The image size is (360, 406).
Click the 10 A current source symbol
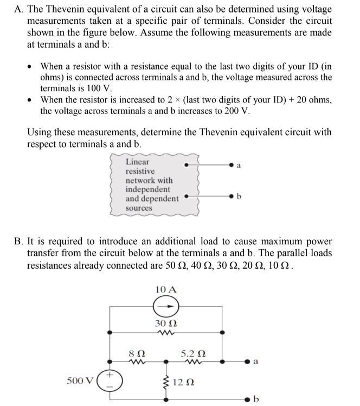pyautogui.click(x=166, y=307)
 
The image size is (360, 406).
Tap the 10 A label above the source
pyautogui.click(x=165, y=289)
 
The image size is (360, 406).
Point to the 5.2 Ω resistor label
pyautogui.click(x=193, y=352)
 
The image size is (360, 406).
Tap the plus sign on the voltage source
pyautogui.click(x=108, y=374)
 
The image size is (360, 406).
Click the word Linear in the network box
pyautogui.click(x=137, y=162)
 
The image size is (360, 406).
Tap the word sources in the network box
pyautogui.click(x=139, y=208)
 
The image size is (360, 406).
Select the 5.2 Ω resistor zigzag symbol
pyautogui.click(x=193, y=360)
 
